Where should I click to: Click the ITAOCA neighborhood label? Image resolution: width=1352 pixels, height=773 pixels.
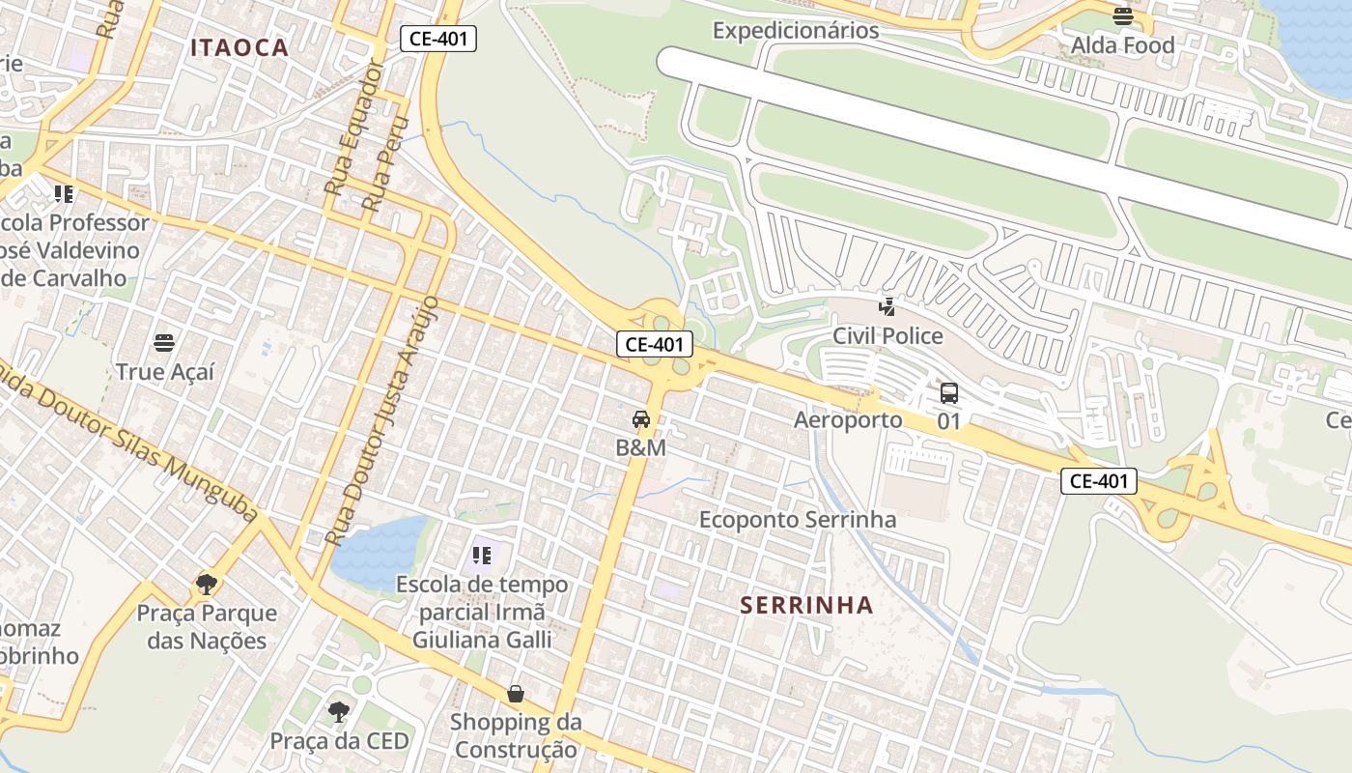tap(239, 47)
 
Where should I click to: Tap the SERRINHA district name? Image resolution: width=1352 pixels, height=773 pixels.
tap(806, 606)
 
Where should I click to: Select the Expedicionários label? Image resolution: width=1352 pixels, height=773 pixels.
tap(796, 30)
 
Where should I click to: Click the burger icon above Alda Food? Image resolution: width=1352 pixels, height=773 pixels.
tap(1122, 16)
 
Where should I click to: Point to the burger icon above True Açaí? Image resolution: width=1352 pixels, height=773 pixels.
tap(164, 342)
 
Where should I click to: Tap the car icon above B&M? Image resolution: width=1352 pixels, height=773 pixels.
tap(640, 419)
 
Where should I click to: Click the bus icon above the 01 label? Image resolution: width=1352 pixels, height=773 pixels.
tap(949, 393)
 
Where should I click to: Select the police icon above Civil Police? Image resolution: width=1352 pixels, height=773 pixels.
tap(887, 307)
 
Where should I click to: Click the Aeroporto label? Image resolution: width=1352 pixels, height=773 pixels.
tap(848, 419)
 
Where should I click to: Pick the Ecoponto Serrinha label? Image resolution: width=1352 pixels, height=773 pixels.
tap(798, 520)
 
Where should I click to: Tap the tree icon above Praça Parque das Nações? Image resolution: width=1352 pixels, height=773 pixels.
tap(206, 584)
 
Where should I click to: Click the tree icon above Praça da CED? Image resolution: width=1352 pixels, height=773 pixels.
tap(338, 712)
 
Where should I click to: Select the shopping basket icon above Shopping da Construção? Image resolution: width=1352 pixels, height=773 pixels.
tap(516, 694)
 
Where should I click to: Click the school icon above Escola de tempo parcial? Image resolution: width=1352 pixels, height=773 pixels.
tap(481, 556)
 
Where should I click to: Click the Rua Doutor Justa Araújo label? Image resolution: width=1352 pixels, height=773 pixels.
tap(383, 421)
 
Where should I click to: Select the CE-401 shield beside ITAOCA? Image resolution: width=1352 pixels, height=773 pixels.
tap(438, 39)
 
